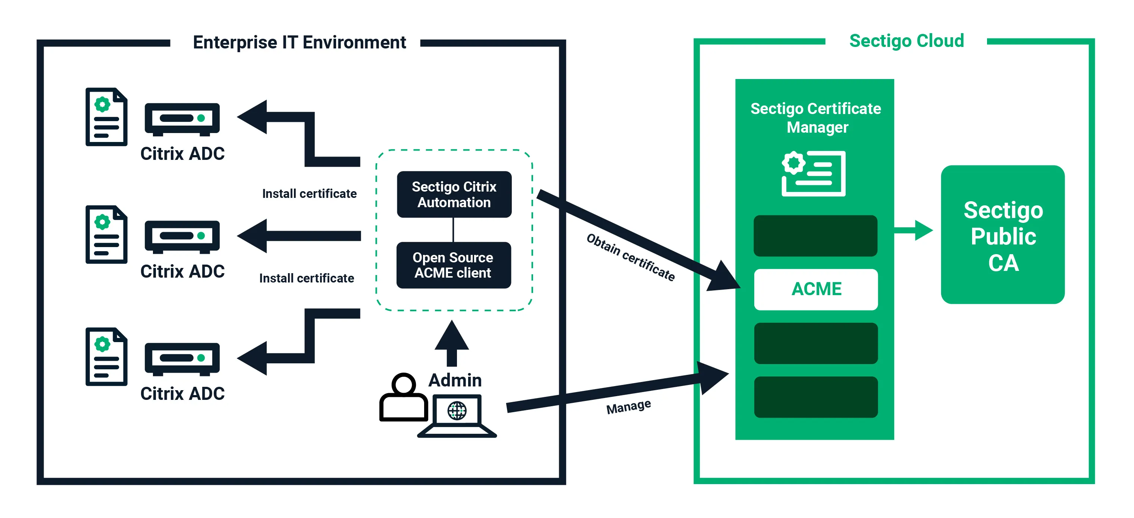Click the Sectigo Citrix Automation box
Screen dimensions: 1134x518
(454, 195)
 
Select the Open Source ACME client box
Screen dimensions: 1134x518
(454, 265)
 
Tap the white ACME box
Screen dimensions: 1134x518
(816, 289)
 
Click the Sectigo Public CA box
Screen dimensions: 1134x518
(1003, 234)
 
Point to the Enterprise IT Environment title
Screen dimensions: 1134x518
(299, 42)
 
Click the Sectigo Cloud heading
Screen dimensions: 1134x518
(906, 41)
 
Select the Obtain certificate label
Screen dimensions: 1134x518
(631, 257)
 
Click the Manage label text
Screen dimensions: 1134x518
(629, 407)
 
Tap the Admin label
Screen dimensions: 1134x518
(455, 380)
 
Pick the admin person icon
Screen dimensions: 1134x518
(403, 397)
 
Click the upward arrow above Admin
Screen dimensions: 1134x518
(452, 343)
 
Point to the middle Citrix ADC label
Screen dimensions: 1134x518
(182, 271)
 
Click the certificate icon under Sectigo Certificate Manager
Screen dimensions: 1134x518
(814, 173)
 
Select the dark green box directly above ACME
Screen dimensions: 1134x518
(815, 236)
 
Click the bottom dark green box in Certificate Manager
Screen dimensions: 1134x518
(816, 397)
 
